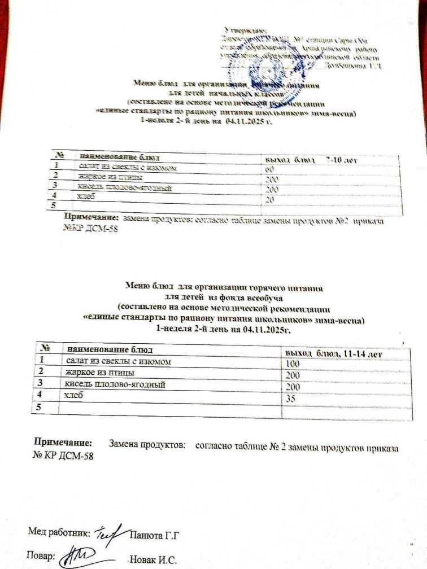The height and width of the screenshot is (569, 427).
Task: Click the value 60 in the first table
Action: (270, 169)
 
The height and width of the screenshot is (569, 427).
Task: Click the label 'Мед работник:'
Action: (58, 532)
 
